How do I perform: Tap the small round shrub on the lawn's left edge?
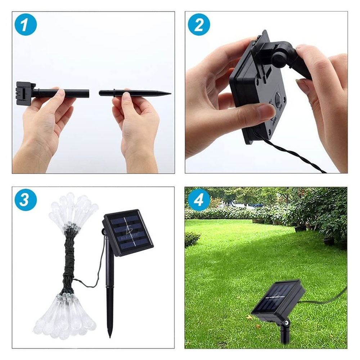[x=192, y=239]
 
